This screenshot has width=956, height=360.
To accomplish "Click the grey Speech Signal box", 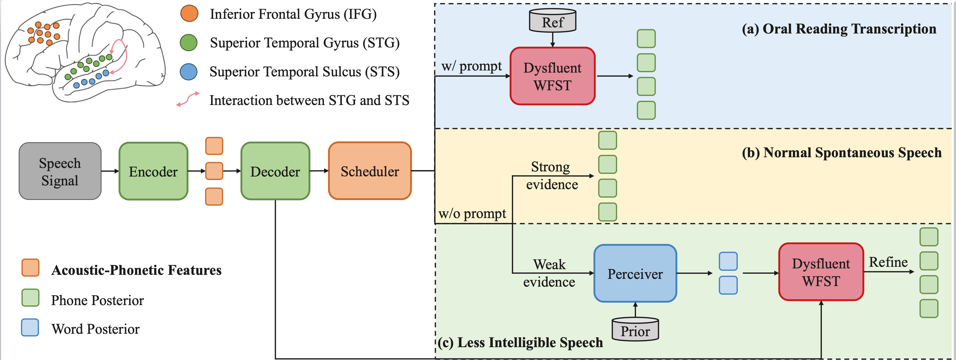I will click(x=60, y=171).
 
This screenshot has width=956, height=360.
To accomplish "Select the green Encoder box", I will click(x=153, y=171).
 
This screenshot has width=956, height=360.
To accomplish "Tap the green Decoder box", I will click(x=275, y=171).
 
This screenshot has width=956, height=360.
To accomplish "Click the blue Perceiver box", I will click(x=635, y=273).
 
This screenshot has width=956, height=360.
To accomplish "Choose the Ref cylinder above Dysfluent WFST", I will click(x=553, y=21).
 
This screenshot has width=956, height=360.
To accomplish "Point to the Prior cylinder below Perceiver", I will click(x=635, y=329).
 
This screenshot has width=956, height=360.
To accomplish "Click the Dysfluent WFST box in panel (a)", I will click(x=553, y=76).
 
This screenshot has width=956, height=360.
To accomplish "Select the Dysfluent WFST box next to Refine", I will click(x=821, y=272).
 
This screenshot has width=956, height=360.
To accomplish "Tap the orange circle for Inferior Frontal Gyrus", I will click(x=189, y=14).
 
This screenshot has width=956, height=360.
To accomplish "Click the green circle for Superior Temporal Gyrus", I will click(x=189, y=43).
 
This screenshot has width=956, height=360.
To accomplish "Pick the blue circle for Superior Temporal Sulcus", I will click(x=189, y=72).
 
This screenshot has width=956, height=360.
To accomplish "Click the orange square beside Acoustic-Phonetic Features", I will click(x=31, y=268).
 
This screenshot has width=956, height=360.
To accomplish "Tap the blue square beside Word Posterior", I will click(x=30, y=327).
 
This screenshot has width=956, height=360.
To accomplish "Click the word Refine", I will click(x=888, y=262).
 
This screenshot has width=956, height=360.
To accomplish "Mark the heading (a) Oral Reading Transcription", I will click(x=839, y=29).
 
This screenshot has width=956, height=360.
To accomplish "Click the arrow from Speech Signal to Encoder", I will click(x=110, y=171).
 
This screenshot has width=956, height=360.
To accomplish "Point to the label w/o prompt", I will click(x=472, y=214).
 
